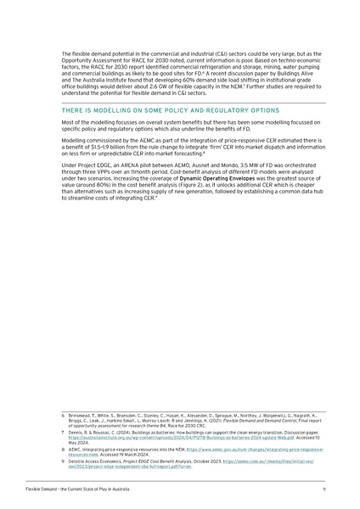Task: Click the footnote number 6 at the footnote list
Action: (x=64, y=415)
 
